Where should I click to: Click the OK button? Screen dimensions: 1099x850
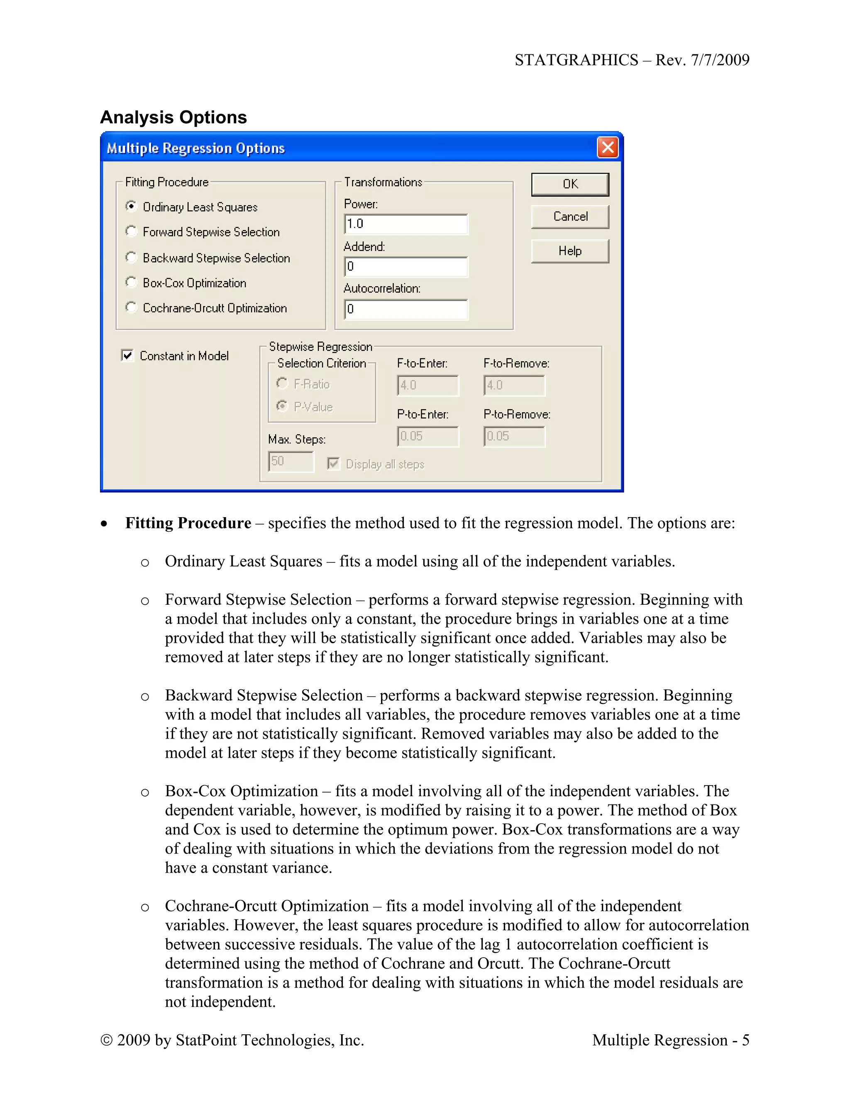[569, 184]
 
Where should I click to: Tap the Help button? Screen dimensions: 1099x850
[569, 250]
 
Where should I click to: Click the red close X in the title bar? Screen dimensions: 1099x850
[607, 148]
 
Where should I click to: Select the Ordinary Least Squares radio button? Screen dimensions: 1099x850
[131, 206]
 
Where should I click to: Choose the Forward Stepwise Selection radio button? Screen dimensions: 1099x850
[131, 231]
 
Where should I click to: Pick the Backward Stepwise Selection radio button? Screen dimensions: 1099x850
[131, 257]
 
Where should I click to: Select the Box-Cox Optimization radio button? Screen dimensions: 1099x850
[131, 282]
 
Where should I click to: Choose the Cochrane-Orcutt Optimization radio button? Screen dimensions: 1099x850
[131, 307]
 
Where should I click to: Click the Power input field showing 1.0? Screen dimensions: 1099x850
[406, 224]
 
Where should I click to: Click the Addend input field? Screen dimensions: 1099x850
[406, 267]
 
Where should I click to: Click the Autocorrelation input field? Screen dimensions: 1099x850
[406, 309]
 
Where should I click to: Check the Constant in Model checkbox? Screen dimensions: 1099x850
[127, 356]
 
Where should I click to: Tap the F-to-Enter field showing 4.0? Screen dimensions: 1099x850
[427, 385]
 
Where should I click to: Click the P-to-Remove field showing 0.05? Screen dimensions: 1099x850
[514, 436]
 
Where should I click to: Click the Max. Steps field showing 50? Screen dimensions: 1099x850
[291, 461]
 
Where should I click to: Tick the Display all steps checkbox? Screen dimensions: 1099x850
[333, 464]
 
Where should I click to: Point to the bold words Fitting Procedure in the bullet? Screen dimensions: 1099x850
[188, 523]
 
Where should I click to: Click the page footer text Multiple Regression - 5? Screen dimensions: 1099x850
[670, 1040]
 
